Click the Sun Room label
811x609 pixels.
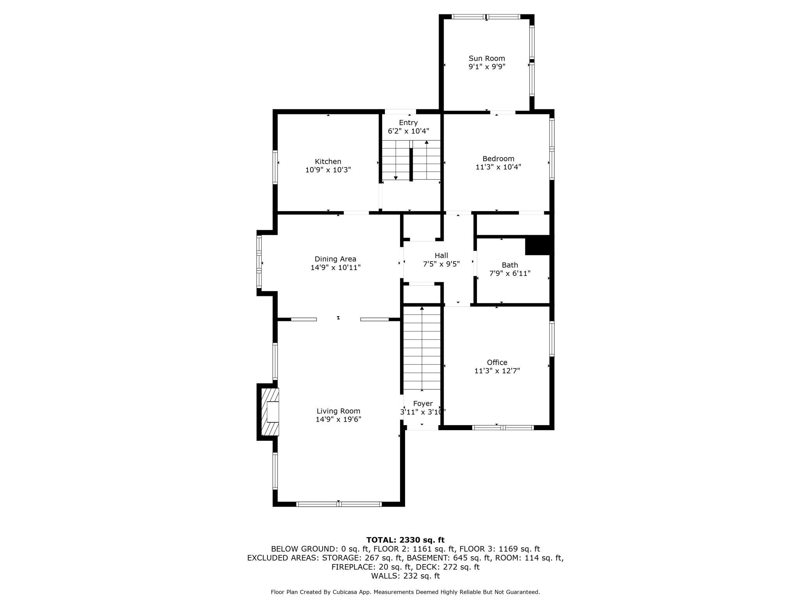pyautogui.click(x=487, y=59)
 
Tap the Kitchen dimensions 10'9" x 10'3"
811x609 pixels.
pyautogui.click(x=328, y=170)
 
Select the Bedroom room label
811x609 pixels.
pyautogui.click(x=498, y=158)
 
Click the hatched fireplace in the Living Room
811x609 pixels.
pyautogui.click(x=270, y=411)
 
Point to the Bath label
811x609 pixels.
pyautogui.click(x=510, y=265)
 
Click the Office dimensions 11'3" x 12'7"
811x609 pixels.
pyautogui.click(x=497, y=371)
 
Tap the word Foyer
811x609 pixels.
pyautogui.click(x=423, y=404)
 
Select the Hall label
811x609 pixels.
pyautogui.click(x=441, y=255)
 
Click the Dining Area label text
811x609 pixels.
pyautogui.click(x=335, y=259)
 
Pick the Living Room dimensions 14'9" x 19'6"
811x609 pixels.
pyautogui.click(x=338, y=420)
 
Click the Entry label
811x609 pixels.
pyautogui.click(x=408, y=123)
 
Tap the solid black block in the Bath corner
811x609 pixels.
pyautogui.click(x=538, y=246)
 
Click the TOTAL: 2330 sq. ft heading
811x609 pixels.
pyautogui.click(x=405, y=540)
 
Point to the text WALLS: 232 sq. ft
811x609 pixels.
pyautogui.click(x=405, y=576)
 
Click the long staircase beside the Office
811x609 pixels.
pyautogui.click(x=422, y=348)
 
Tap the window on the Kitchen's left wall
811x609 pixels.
pyautogui.click(x=275, y=167)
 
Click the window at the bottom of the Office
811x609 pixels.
pyautogui.click(x=503, y=427)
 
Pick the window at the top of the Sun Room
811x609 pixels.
pyautogui.click(x=486, y=17)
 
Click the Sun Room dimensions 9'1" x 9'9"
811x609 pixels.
pyautogui.click(x=487, y=67)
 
